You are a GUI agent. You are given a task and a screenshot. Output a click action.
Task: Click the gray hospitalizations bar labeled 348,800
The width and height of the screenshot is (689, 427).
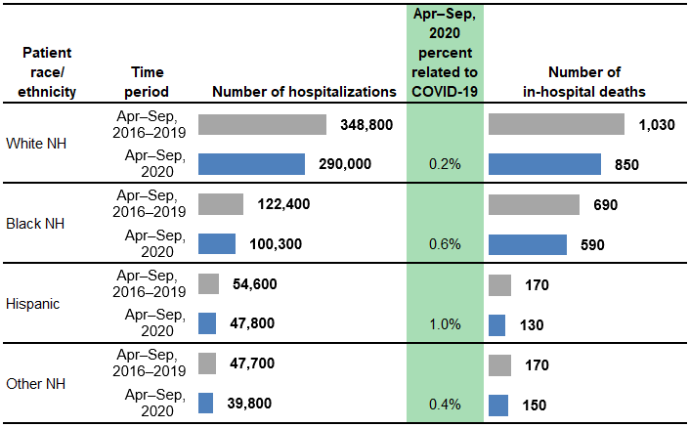(262, 125)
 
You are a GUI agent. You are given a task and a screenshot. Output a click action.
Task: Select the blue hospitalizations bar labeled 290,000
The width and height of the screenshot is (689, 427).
(251, 164)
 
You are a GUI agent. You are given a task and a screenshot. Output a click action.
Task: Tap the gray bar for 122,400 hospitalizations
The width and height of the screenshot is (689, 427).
(221, 204)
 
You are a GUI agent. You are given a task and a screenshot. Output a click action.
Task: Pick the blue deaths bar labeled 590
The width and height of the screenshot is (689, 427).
(527, 243)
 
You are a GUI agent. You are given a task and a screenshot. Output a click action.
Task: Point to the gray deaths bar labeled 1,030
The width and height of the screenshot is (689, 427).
(556, 125)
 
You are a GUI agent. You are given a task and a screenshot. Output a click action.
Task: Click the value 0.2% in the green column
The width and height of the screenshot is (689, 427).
(445, 164)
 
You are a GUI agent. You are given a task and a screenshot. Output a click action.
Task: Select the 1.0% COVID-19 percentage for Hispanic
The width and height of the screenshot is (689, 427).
(445, 323)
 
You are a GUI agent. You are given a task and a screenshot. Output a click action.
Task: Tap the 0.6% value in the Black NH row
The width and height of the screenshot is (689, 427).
(445, 243)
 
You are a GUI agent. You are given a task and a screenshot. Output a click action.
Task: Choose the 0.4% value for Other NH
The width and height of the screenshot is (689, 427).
(445, 403)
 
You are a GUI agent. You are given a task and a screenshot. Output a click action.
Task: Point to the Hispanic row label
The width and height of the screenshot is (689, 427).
(33, 303)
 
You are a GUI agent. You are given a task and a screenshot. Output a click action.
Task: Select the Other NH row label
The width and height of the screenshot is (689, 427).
(34, 383)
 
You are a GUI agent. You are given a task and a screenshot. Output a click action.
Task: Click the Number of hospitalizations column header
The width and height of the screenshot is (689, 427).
(304, 92)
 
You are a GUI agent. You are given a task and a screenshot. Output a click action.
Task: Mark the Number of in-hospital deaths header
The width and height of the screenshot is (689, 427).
(583, 82)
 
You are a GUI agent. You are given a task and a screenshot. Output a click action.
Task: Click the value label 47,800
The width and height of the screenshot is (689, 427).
(251, 323)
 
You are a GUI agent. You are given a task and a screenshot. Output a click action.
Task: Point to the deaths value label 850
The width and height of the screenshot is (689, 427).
(626, 164)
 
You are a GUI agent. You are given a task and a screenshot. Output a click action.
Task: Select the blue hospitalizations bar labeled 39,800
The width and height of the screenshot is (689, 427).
(205, 403)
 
